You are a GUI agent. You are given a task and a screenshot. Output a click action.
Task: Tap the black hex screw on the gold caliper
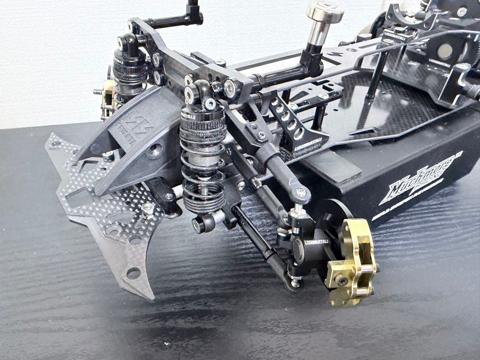pyautogui.click(x=341, y=280)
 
